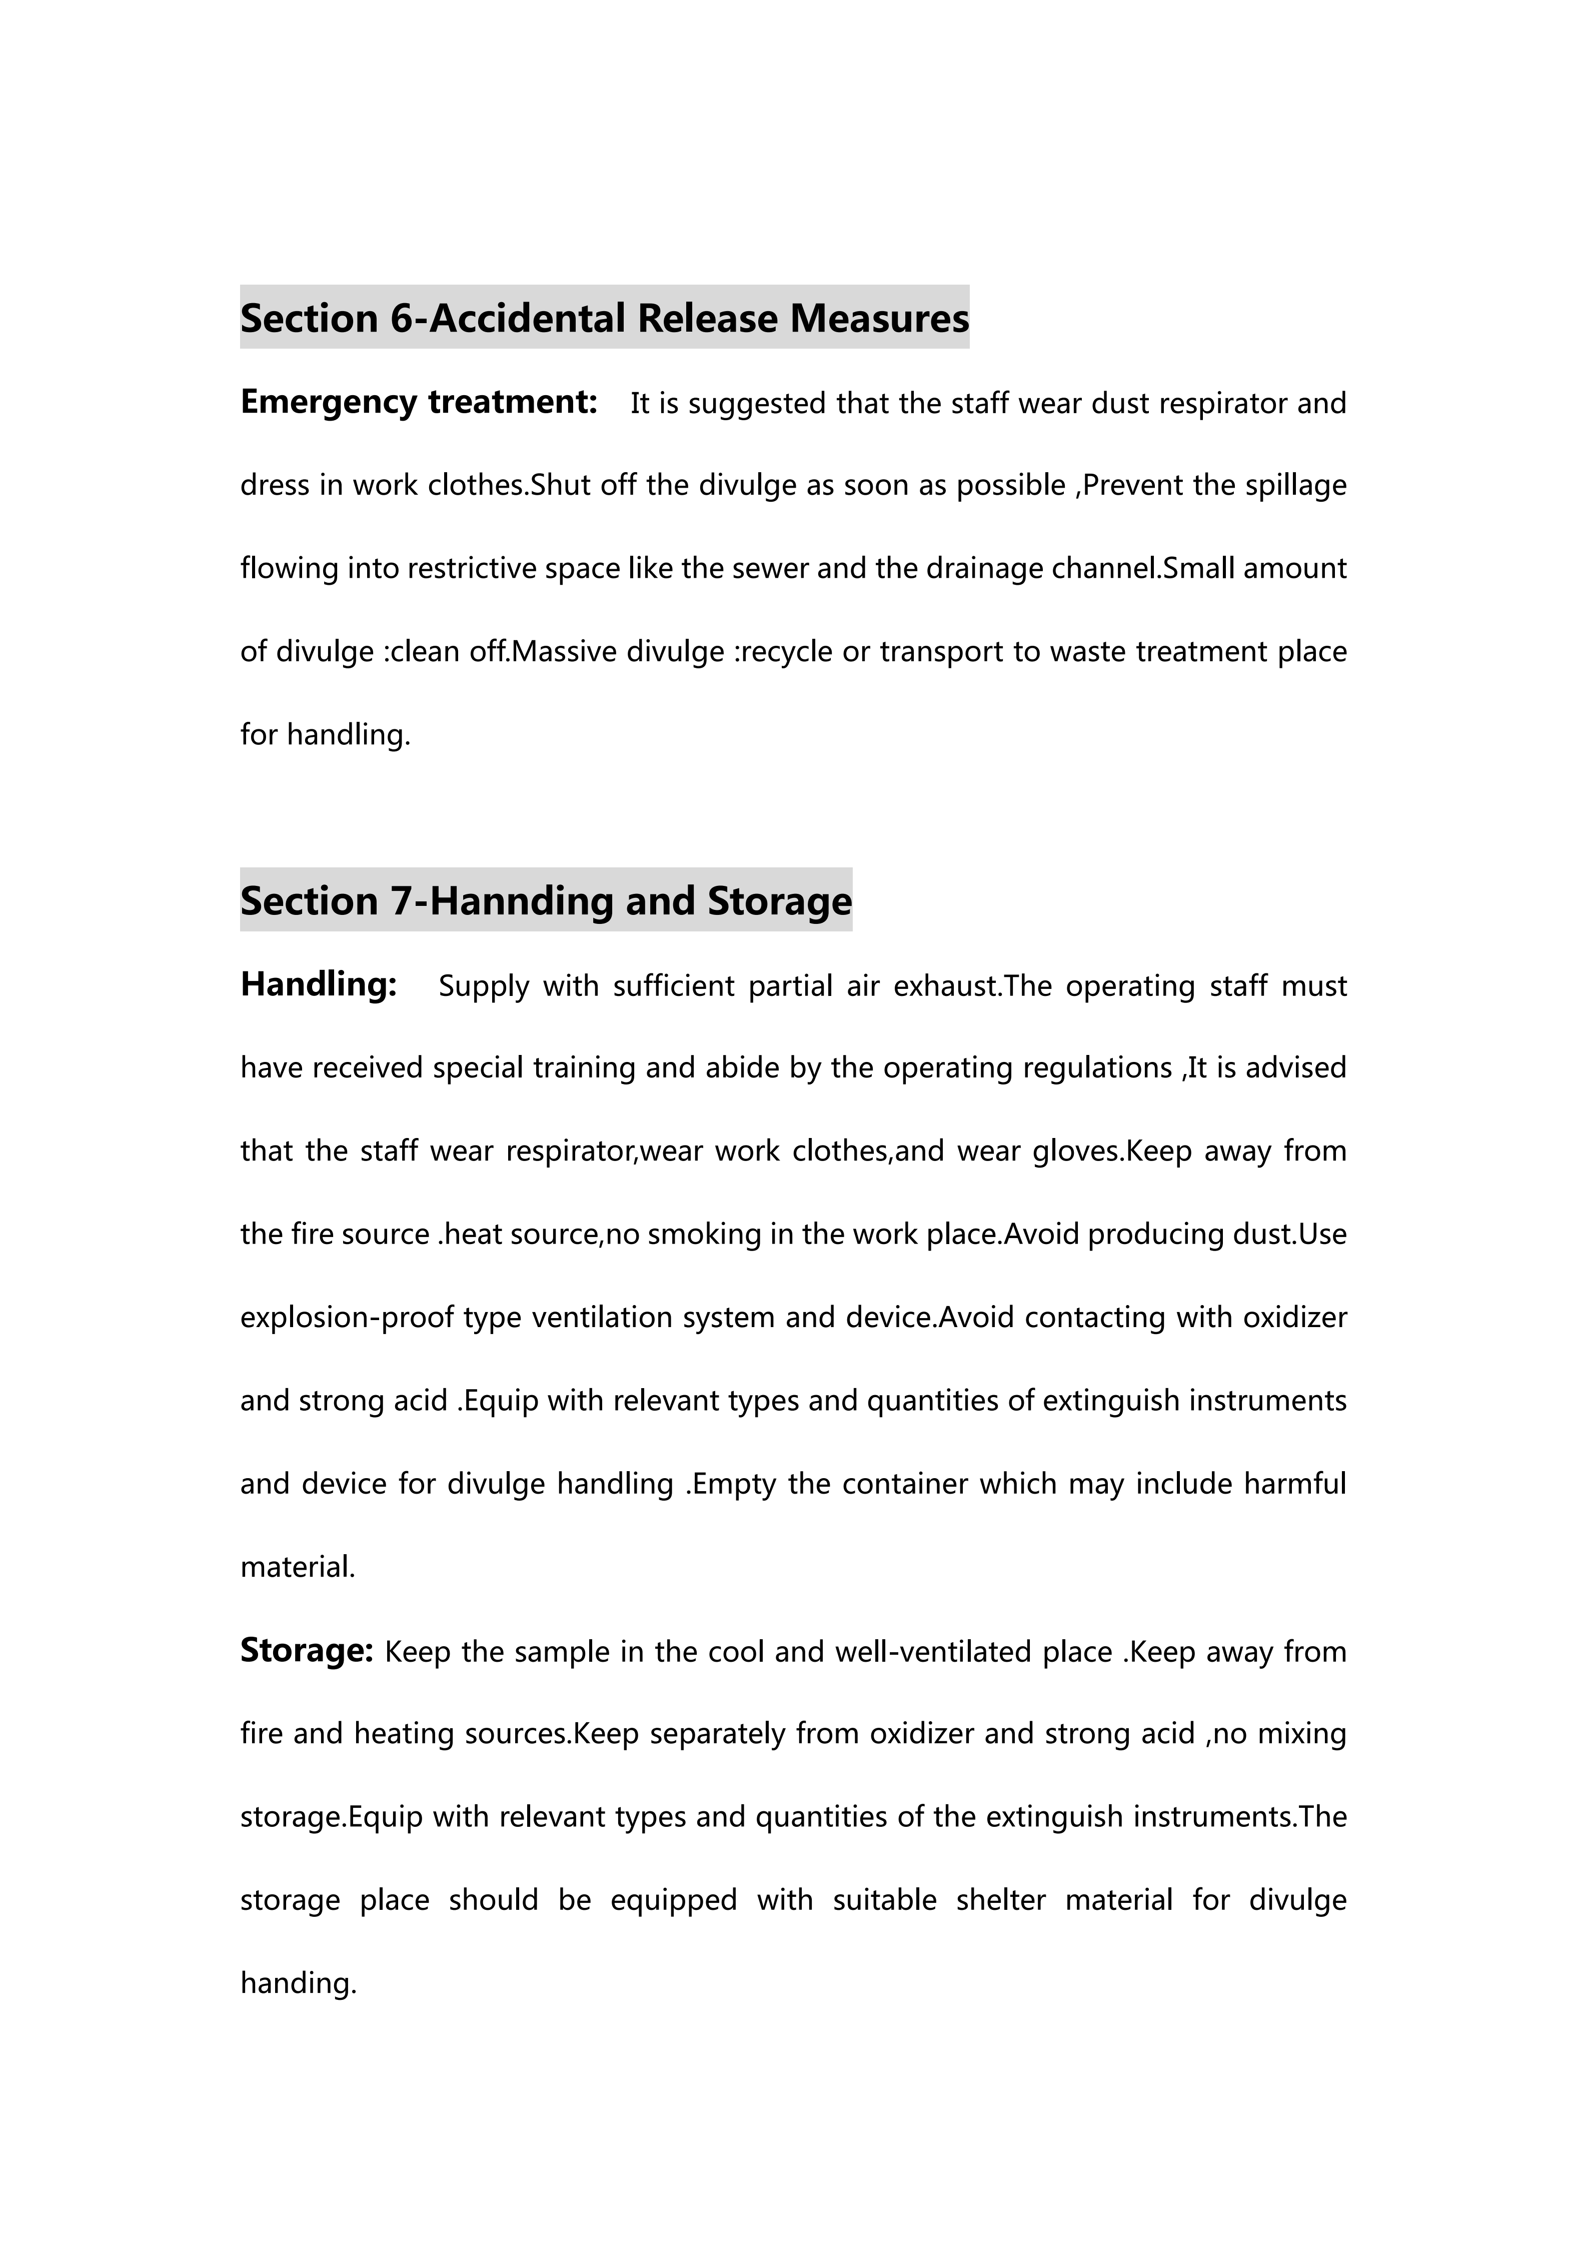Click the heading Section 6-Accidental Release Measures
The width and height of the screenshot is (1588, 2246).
click(604, 318)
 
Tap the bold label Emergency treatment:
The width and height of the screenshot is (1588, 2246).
click(419, 402)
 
